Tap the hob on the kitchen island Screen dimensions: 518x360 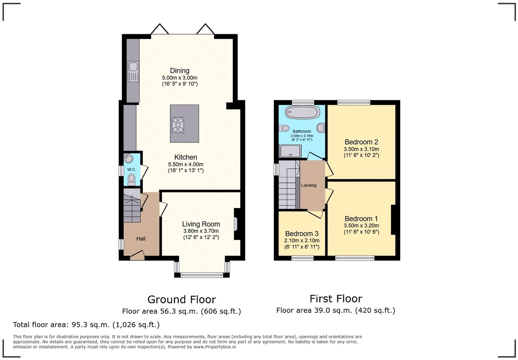[178, 125]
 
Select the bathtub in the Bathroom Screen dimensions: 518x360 [303, 112]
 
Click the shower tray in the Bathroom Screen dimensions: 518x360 [290, 151]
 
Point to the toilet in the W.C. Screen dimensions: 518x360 [131, 180]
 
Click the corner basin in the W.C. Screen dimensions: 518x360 [128, 158]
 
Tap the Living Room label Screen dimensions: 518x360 [201, 224]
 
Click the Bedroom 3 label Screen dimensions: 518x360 [302, 234]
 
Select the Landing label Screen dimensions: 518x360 [309, 185]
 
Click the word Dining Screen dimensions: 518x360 [180, 70]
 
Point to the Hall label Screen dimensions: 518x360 [141, 239]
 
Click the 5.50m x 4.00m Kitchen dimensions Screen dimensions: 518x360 [186, 164]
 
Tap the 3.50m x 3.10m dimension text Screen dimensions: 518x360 [361, 149]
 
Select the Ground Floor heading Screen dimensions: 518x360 [182, 300]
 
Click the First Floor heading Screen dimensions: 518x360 [336, 299]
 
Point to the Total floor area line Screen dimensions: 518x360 [86, 325]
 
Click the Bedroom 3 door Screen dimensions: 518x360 [315, 214]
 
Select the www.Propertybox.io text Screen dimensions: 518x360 [215, 347]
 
